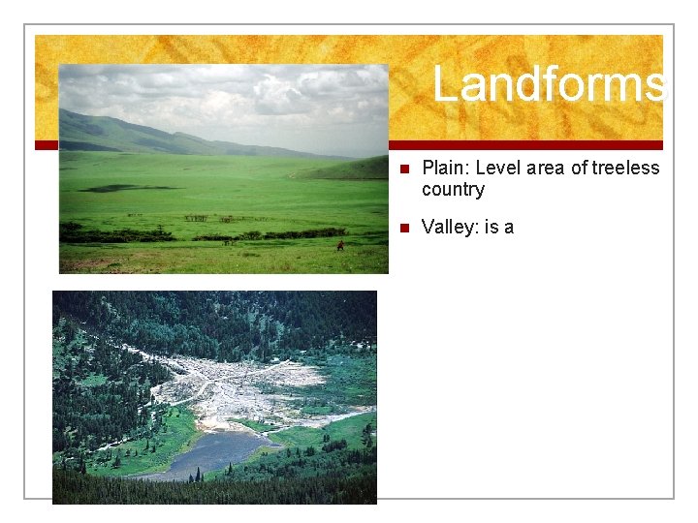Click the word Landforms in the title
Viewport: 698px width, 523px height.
tap(549, 83)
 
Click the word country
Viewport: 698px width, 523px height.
tap(453, 189)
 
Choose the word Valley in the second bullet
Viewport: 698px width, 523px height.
tap(445, 228)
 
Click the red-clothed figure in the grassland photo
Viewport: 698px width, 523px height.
tap(339, 247)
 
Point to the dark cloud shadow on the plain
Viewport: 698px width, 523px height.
tap(126, 188)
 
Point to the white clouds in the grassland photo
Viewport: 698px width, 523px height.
tap(242, 97)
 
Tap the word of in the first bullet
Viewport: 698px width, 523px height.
tap(578, 169)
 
